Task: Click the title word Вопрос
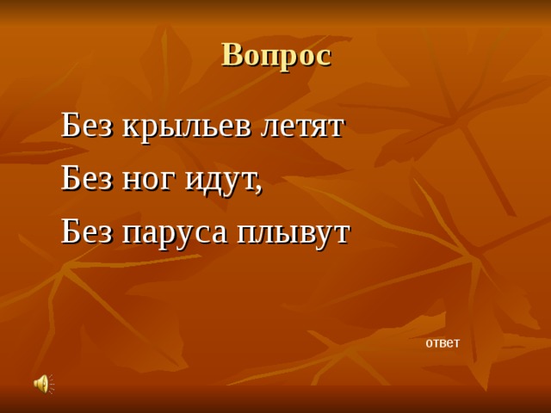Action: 275,54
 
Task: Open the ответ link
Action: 443,342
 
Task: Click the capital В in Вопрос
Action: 232,54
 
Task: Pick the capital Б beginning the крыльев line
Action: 70,126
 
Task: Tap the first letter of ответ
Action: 430,343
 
